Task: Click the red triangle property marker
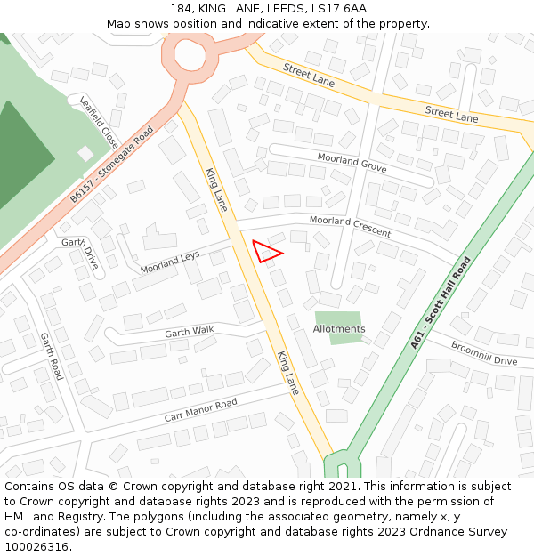(265, 251)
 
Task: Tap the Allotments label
(339, 329)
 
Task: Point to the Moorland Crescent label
(350, 226)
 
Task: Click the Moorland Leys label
(170, 262)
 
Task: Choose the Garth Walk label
(190, 332)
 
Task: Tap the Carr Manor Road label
(200, 410)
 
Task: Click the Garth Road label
(51, 356)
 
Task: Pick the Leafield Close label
(99, 122)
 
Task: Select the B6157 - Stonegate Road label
(111, 165)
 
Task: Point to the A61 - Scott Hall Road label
(441, 302)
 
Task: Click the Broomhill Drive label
(483, 353)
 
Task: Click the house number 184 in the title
(181, 9)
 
